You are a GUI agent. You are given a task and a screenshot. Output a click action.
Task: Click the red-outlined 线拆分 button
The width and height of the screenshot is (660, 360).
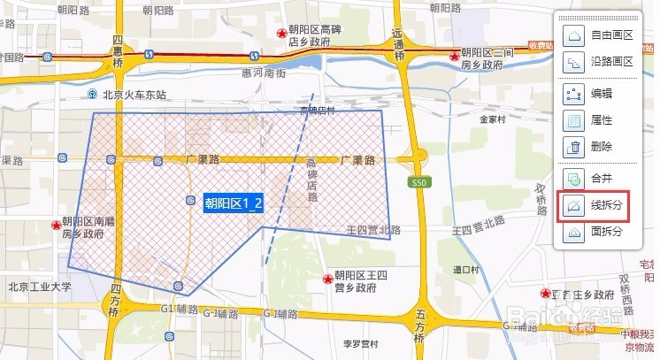point(595,205)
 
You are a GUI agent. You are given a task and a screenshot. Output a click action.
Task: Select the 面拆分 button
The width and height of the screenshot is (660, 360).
point(595,232)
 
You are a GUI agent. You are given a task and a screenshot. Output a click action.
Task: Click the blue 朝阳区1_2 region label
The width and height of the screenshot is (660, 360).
point(234,203)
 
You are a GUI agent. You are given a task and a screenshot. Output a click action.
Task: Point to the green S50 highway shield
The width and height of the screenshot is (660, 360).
point(419,182)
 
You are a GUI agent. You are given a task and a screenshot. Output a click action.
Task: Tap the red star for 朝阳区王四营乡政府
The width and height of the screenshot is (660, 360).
point(327,279)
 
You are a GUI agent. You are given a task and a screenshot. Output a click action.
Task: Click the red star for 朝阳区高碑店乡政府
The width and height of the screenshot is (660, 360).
point(282,34)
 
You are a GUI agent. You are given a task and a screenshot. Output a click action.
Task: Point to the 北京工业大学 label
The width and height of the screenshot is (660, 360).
point(38,286)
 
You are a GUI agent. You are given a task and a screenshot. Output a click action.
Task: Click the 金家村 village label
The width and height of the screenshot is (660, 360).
point(492,119)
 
